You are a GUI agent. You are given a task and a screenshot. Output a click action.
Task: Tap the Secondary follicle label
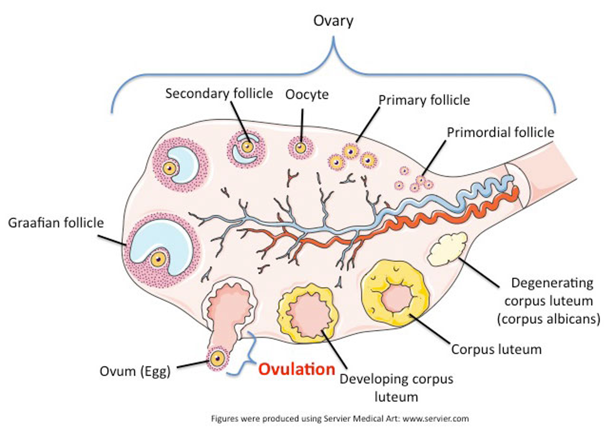[x=219, y=93]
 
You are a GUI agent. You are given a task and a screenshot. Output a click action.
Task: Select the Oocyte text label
[x=307, y=94]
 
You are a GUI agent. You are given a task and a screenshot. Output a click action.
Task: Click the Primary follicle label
[x=424, y=100]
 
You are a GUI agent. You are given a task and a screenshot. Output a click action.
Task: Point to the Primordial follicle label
[x=500, y=132]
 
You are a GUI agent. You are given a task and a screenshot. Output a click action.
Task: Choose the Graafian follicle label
[x=56, y=222]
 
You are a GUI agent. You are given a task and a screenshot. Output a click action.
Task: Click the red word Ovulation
[x=297, y=369]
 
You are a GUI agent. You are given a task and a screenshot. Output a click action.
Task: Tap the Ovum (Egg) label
[x=134, y=371]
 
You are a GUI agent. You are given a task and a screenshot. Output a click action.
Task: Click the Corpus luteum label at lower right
[x=496, y=349]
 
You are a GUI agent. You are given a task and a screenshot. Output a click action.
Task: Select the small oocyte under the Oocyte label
[x=300, y=148]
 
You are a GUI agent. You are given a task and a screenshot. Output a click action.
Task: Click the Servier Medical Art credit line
[x=340, y=419]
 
